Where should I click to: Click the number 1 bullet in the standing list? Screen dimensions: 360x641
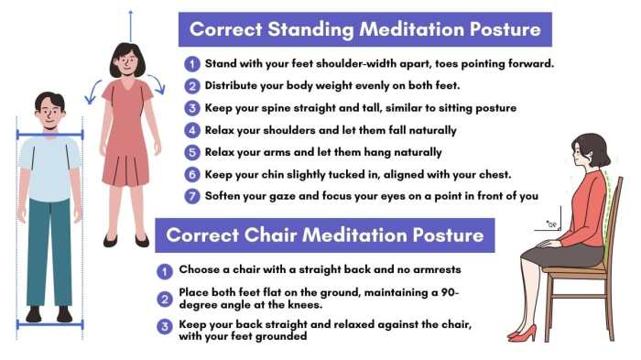pos(191,64)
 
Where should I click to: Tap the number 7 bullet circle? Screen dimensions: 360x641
pos(191,195)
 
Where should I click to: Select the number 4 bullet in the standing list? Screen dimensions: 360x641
pos(191,130)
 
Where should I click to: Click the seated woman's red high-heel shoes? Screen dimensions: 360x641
pos(523,333)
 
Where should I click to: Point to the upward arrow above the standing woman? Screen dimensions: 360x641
pos(130,23)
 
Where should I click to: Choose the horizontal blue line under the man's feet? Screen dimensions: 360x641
pos(49,324)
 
